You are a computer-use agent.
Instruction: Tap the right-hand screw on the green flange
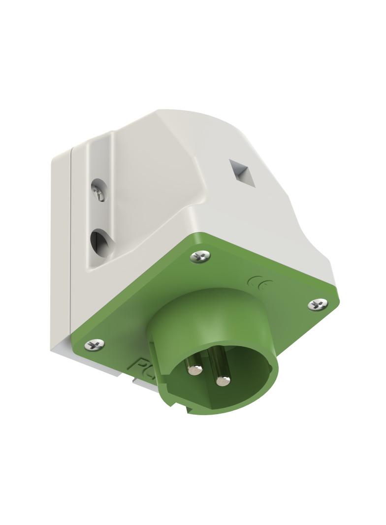(x=318, y=304)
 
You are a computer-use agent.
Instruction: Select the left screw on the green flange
(x=95, y=345)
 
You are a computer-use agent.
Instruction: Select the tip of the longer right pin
(x=224, y=380)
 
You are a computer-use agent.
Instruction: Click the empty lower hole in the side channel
(x=99, y=241)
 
